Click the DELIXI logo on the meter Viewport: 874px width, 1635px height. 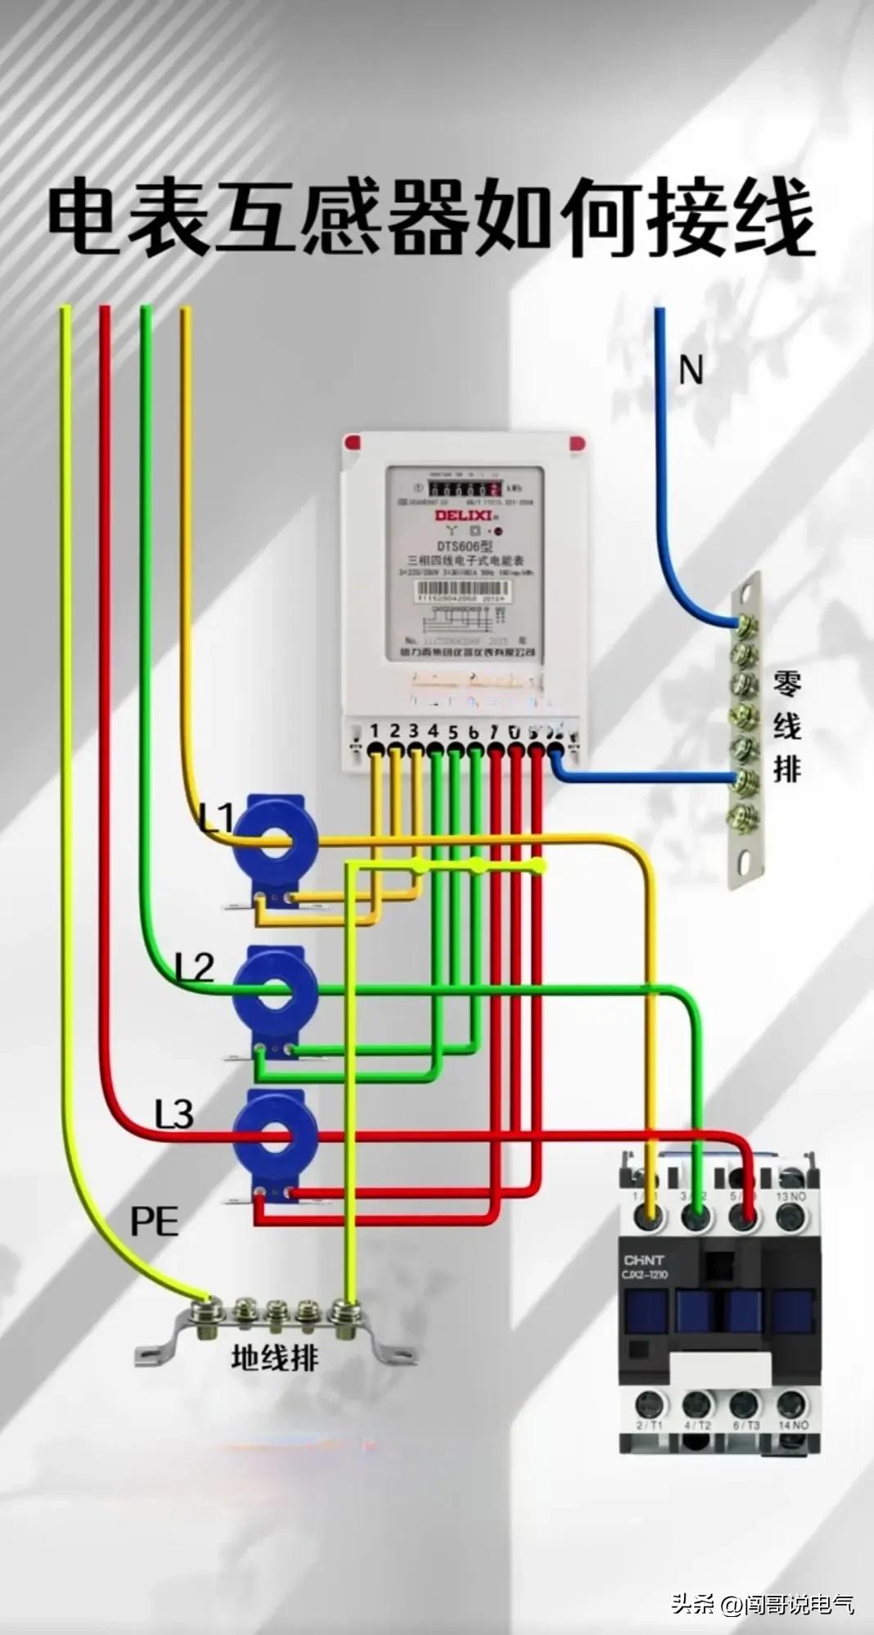click(463, 515)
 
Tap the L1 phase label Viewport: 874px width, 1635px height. click(217, 818)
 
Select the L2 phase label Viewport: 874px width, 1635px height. click(195, 968)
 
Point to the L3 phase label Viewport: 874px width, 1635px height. click(173, 1114)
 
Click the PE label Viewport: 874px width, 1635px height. click(154, 1222)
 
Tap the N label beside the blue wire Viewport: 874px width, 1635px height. click(691, 371)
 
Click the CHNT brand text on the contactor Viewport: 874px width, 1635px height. click(644, 1260)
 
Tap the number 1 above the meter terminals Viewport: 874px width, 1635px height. click(375, 730)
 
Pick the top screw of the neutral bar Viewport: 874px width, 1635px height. click(746, 625)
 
